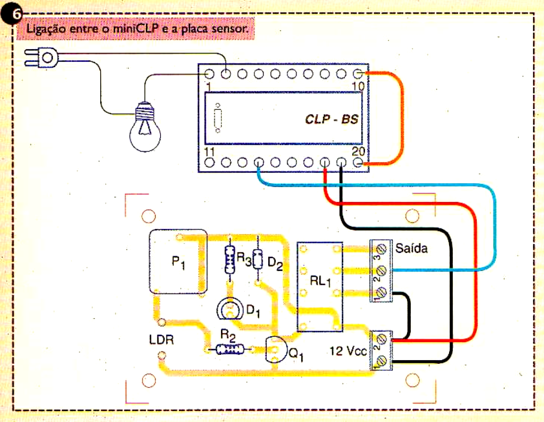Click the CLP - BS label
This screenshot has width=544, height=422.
tap(331, 119)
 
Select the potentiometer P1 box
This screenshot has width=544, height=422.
tap(178, 261)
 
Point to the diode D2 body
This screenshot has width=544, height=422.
tap(258, 260)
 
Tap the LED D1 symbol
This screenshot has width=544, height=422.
tap(229, 310)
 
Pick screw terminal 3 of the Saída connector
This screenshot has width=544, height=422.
tap(381, 248)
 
